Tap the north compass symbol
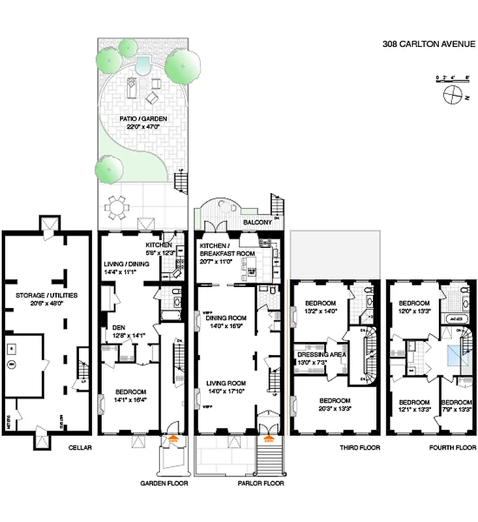451,97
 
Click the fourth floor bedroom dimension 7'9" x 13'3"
456,410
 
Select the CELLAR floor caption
81,448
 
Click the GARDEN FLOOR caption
162,484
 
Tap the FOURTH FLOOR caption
449,448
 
